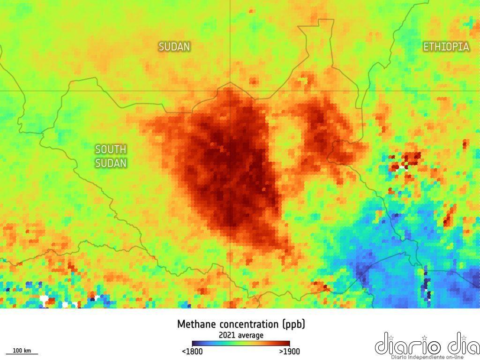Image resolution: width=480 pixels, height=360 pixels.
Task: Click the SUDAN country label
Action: tap(174, 47)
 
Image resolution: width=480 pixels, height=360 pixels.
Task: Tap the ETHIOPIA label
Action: tap(446, 47)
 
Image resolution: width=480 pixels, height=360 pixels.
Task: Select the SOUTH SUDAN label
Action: tap(111, 156)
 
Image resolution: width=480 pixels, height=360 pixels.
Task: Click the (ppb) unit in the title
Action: tap(294, 324)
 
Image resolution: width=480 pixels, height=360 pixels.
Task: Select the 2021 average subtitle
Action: tap(241, 335)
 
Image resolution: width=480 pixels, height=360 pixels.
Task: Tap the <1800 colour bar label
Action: tap(192, 352)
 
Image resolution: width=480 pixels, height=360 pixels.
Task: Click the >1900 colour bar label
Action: tap(289, 352)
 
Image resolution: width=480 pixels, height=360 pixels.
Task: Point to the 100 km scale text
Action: tap(22, 351)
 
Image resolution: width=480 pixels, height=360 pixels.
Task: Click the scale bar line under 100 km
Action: tap(22, 354)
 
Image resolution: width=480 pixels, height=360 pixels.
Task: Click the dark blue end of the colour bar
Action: tap(195, 344)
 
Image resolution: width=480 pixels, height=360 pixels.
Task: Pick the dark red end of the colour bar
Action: tap(287, 344)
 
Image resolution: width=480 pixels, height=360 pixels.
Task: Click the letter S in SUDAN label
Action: tap(162, 47)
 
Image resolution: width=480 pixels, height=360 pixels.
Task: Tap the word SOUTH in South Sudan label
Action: tap(111, 150)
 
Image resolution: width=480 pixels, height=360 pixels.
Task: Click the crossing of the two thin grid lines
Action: tap(230, 90)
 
